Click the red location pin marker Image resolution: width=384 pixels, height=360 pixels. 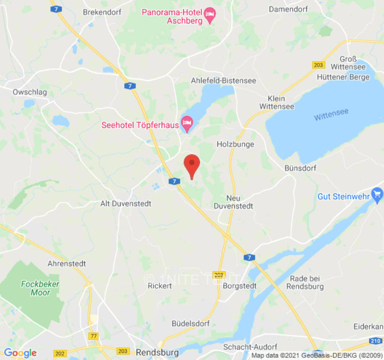point(192,164)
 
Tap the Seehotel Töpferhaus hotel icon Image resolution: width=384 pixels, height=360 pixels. point(187,123)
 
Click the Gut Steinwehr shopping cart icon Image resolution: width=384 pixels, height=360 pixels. point(377,195)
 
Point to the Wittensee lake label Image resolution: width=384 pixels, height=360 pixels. point(331,114)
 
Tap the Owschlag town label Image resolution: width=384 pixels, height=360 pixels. point(30,92)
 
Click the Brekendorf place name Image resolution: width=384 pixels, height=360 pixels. point(102,12)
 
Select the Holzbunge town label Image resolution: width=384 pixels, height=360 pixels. point(235,144)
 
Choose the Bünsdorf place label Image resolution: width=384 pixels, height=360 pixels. point(300,168)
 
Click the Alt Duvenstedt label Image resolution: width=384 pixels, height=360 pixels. point(126,203)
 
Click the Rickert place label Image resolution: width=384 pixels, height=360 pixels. point(160,286)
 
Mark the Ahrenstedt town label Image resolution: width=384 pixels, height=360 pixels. point(67,263)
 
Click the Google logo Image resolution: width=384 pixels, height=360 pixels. point(20,353)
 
